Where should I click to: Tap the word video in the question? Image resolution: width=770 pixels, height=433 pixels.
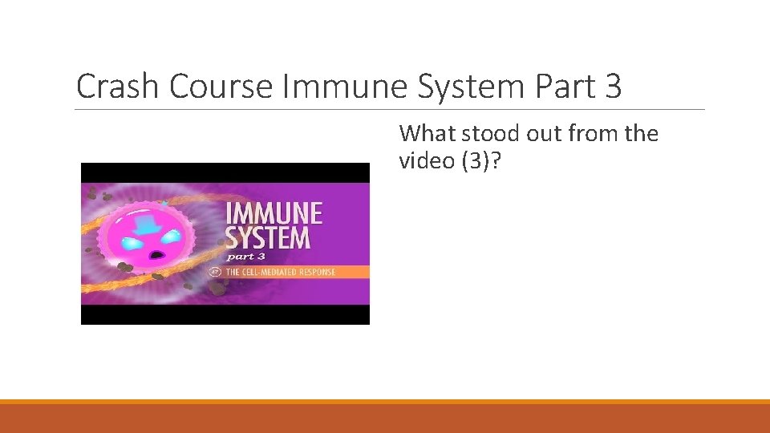tap(425, 161)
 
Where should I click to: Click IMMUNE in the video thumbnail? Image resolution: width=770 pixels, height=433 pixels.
tap(274, 214)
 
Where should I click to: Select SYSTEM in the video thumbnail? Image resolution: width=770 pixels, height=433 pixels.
tap(267, 238)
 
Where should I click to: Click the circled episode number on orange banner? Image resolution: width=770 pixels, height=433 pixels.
tap(215, 272)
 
